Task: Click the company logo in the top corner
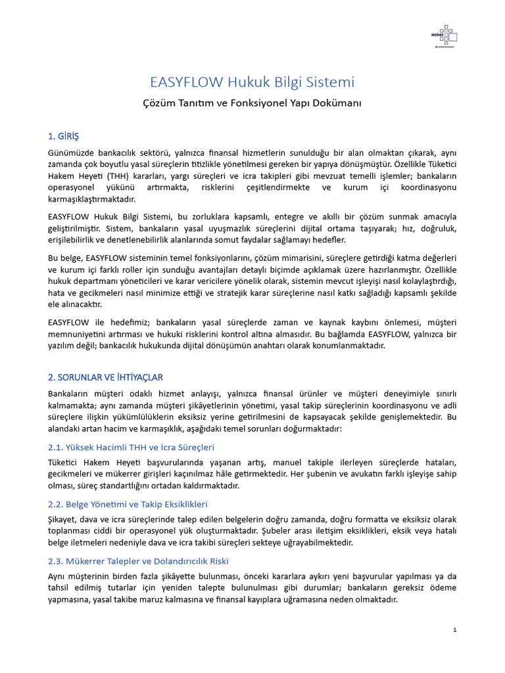pyautogui.click(x=444, y=35)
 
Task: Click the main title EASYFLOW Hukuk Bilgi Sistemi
pyautogui.click(x=252, y=82)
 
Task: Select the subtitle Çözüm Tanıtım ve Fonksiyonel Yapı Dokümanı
pyautogui.click(x=252, y=103)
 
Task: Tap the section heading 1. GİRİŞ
pyautogui.click(x=63, y=136)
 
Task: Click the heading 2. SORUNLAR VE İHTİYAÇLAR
pyautogui.click(x=105, y=377)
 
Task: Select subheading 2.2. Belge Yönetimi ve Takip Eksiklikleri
pyautogui.click(x=128, y=504)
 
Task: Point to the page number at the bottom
pyautogui.click(x=454, y=630)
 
